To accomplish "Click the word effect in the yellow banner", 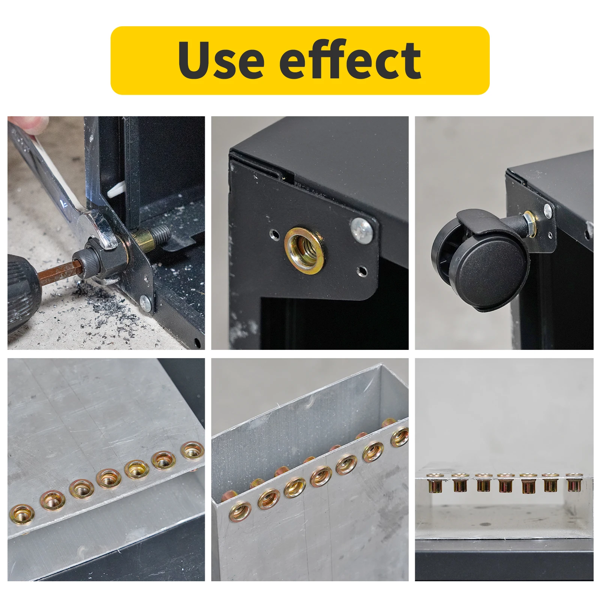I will tap(351, 60).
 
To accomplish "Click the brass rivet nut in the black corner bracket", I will tap(304, 250).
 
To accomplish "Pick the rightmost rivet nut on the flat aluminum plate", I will tap(193, 450).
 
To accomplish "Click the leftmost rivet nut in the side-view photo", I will tap(436, 483).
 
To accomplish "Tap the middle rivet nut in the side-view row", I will tap(505, 483).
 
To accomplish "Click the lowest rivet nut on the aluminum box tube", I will tap(240, 512).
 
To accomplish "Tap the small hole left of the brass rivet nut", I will tap(276, 235).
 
